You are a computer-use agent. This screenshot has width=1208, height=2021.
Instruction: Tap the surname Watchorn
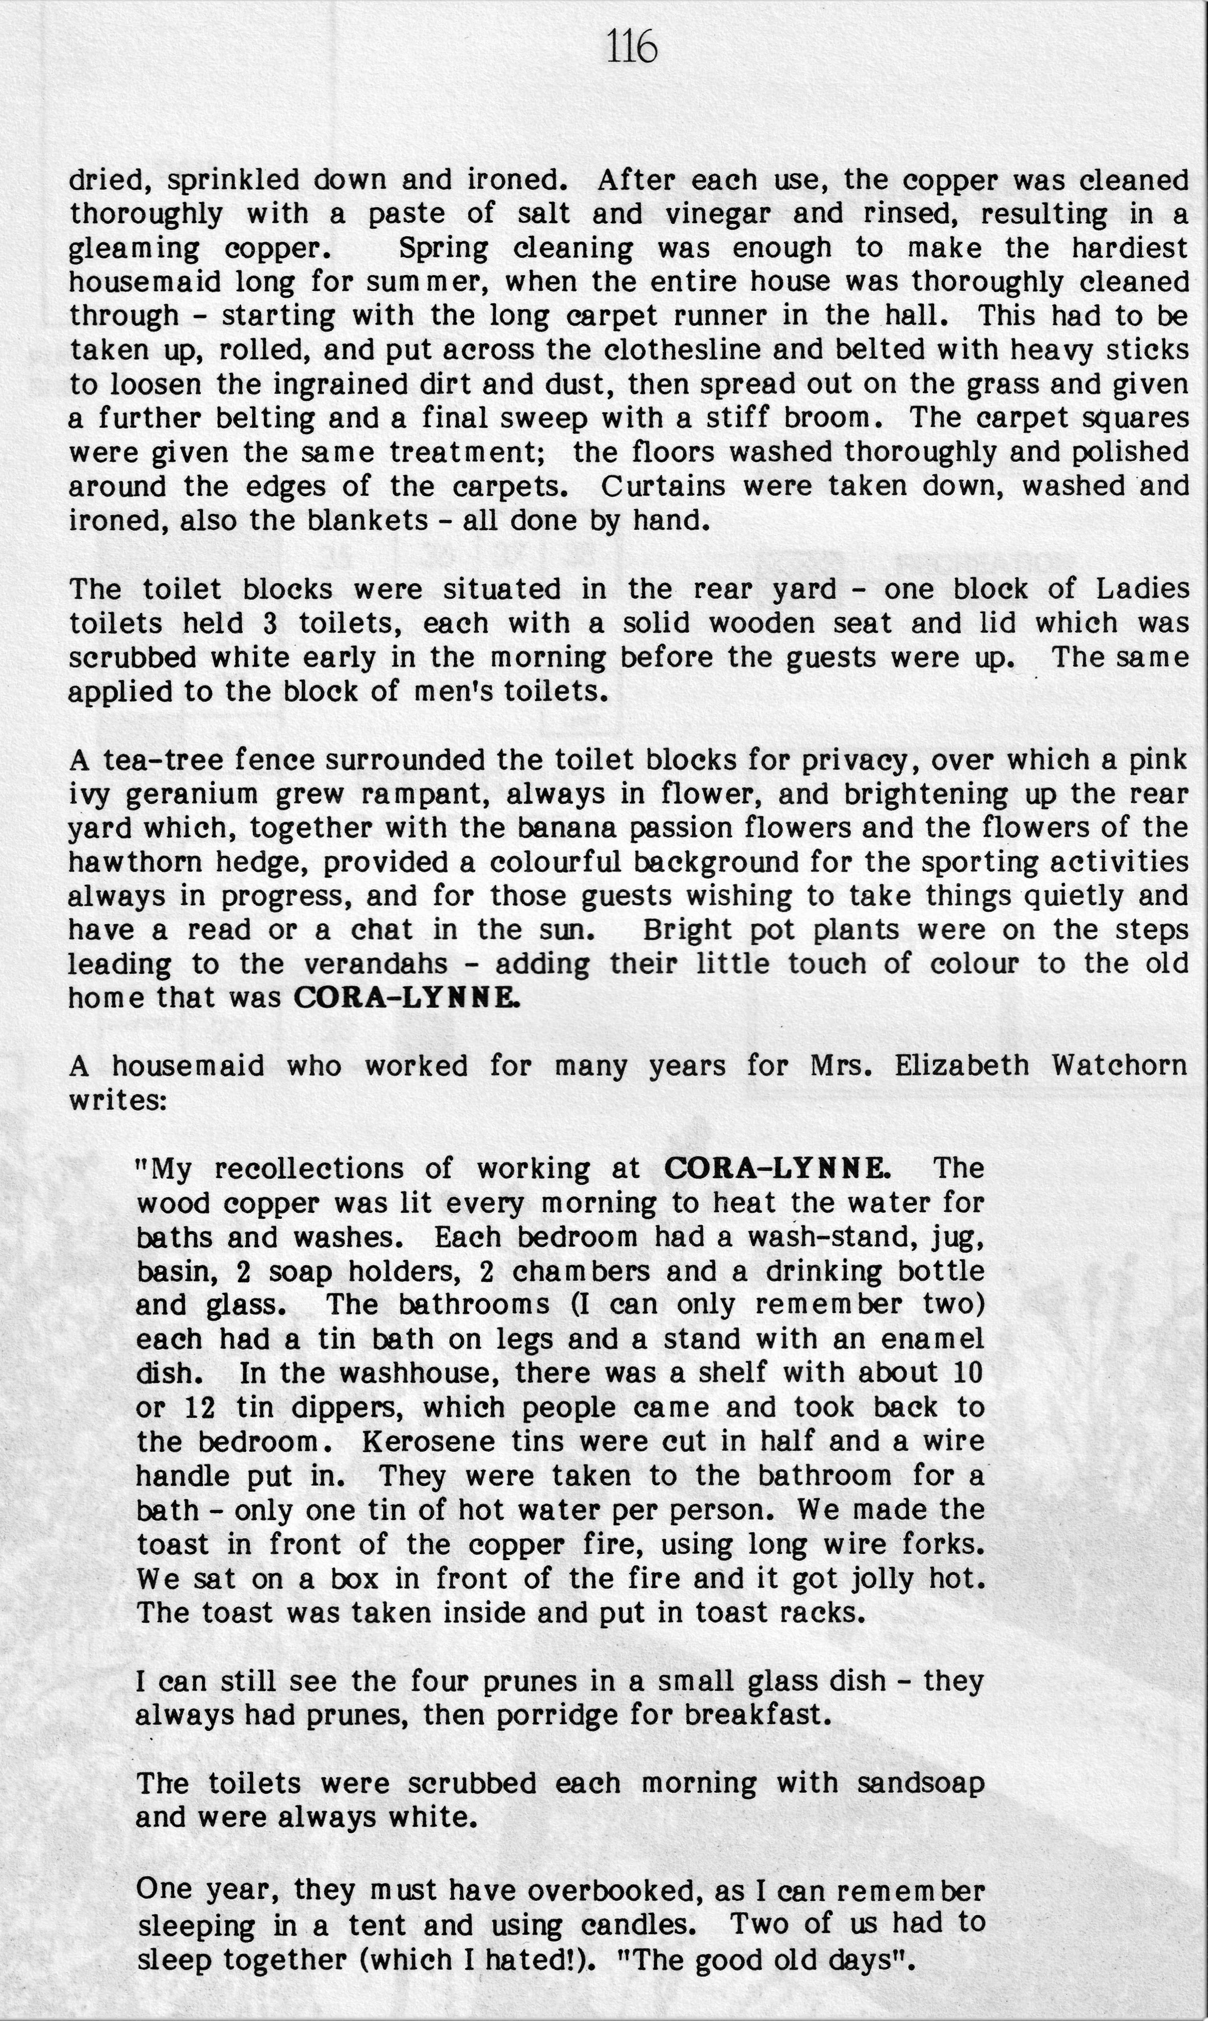coord(1119,1065)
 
